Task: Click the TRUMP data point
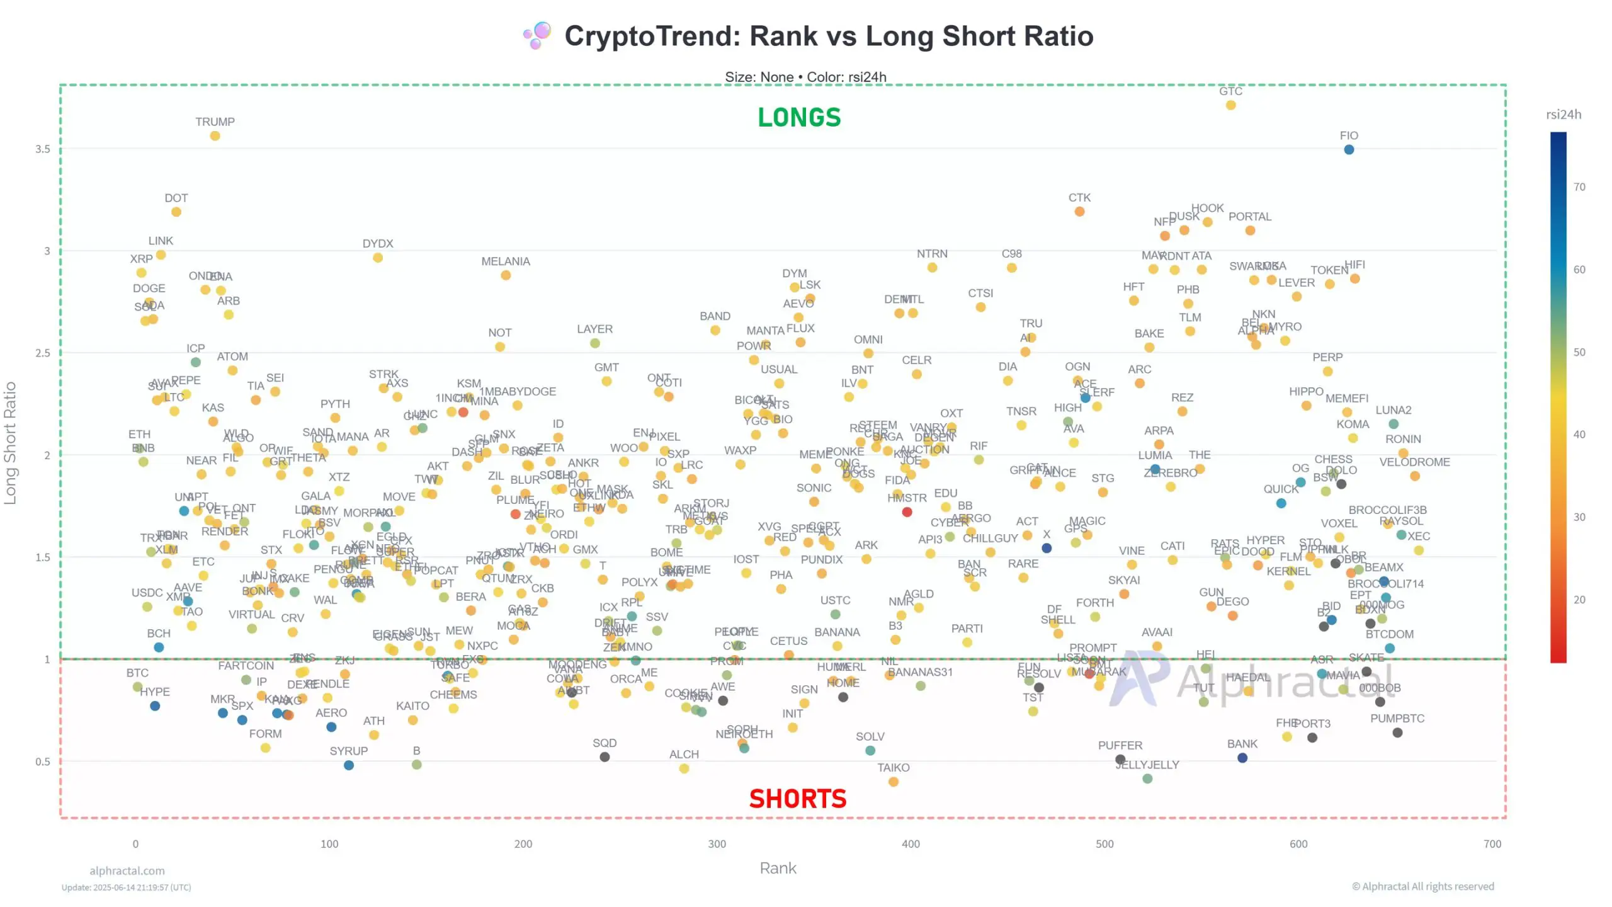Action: [215, 136]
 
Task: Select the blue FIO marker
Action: [1349, 150]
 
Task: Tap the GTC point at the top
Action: [1230, 105]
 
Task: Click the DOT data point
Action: [176, 212]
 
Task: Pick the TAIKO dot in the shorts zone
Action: [894, 782]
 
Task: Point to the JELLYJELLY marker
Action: [1147, 779]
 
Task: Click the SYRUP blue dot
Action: [349, 765]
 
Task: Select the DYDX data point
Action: [378, 258]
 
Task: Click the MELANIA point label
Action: [506, 261]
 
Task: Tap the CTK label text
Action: [1079, 198]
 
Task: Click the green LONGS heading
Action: [799, 118]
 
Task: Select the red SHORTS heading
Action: [798, 799]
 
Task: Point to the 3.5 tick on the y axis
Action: [43, 149]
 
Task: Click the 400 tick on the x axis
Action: [911, 844]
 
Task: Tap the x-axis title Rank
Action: [778, 868]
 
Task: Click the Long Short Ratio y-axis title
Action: [10, 443]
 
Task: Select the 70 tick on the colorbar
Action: [1579, 187]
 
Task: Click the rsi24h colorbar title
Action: [1564, 115]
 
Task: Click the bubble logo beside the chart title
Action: [537, 36]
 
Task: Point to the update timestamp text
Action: [126, 887]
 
